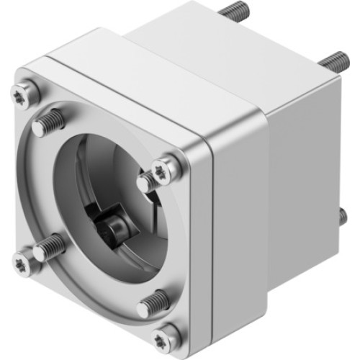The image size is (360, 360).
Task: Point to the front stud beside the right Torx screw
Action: pos(149,175)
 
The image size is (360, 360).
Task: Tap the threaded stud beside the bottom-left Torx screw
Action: pos(48,247)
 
